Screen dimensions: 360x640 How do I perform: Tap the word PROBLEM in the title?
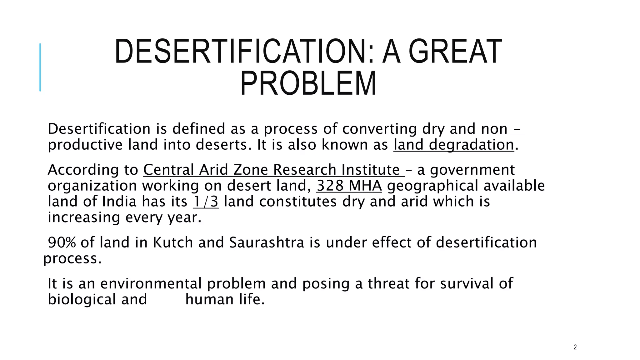click(308, 83)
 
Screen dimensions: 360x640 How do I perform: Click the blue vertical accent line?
click(40, 67)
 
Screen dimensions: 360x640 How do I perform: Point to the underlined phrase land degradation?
click(453, 145)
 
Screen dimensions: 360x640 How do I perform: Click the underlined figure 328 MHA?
click(349, 186)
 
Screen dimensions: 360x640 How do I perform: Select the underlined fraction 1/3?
click(206, 202)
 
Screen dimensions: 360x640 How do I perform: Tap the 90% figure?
click(62, 242)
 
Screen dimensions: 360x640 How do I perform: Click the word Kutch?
click(173, 242)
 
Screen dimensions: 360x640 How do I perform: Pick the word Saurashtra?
click(267, 242)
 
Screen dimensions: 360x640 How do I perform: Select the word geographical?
click(432, 186)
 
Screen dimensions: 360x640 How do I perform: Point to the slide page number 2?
click(575, 347)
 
